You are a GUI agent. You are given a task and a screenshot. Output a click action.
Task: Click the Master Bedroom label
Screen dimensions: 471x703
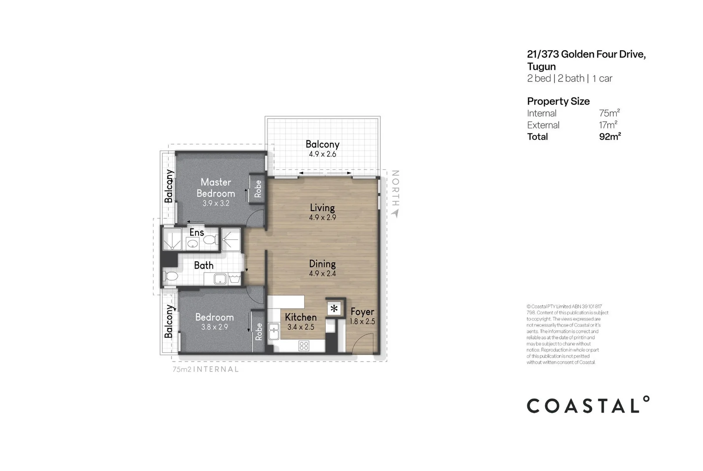pyautogui.click(x=215, y=188)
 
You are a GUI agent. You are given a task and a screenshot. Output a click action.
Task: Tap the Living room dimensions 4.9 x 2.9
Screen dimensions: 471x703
pyautogui.click(x=322, y=218)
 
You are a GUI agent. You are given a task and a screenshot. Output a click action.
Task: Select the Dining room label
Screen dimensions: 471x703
pyautogui.click(x=322, y=264)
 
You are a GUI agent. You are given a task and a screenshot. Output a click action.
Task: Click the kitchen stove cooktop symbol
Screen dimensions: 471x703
pyautogui.click(x=304, y=346)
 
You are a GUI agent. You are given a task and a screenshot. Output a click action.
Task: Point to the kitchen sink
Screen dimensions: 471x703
pyautogui.click(x=273, y=331)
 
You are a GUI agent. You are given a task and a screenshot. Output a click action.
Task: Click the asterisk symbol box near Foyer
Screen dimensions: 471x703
pyautogui.click(x=334, y=309)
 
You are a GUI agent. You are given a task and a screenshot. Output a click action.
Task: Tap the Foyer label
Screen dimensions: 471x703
pyautogui.click(x=362, y=312)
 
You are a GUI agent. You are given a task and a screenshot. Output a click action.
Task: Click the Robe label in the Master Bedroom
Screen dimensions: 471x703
pyautogui.click(x=258, y=188)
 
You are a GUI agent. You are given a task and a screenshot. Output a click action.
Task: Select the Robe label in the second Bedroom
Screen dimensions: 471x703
pyautogui.click(x=259, y=331)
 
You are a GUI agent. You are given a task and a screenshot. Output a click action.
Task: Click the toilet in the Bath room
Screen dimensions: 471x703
pyautogui.click(x=170, y=276)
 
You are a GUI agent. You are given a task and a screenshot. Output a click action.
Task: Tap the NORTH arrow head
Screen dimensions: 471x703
pyautogui.click(x=395, y=213)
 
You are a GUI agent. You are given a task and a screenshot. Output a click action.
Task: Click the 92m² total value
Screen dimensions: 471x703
pyautogui.click(x=610, y=137)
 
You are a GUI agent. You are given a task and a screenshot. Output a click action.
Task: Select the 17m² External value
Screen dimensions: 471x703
pyautogui.click(x=607, y=125)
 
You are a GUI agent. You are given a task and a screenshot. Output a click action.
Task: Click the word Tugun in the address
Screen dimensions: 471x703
pyautogui.click(x=541, y=67)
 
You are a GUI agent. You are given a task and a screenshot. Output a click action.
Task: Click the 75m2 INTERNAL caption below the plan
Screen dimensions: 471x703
pyautogui.click(x=205, y=369)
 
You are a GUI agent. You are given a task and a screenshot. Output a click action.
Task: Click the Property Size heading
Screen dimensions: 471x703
pyautogui.click(x=558, y=101)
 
